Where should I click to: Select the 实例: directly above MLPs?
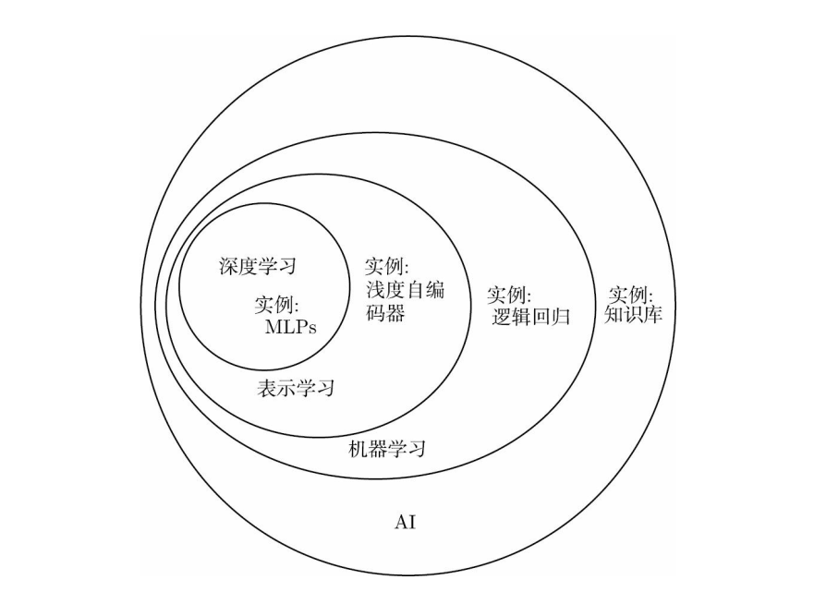pyautogui.click(x=277, y=304)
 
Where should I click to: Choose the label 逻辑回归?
pyautogui.click(x=531, y=317)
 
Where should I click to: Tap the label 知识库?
pyautogui.click(x=634, y=314)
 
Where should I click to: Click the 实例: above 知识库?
pyautogui.click(x=631, y=295)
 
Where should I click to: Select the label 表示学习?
pyautogui.click(x=295, y=388)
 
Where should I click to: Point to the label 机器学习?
pyautogui.click(x=386, y=450)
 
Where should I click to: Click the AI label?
pyautogui.click(x=405, y=523)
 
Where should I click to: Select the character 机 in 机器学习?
pyautogui.click(x=357, y=450)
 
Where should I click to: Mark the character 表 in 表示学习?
pyautogui.click(x=265, y=388)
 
